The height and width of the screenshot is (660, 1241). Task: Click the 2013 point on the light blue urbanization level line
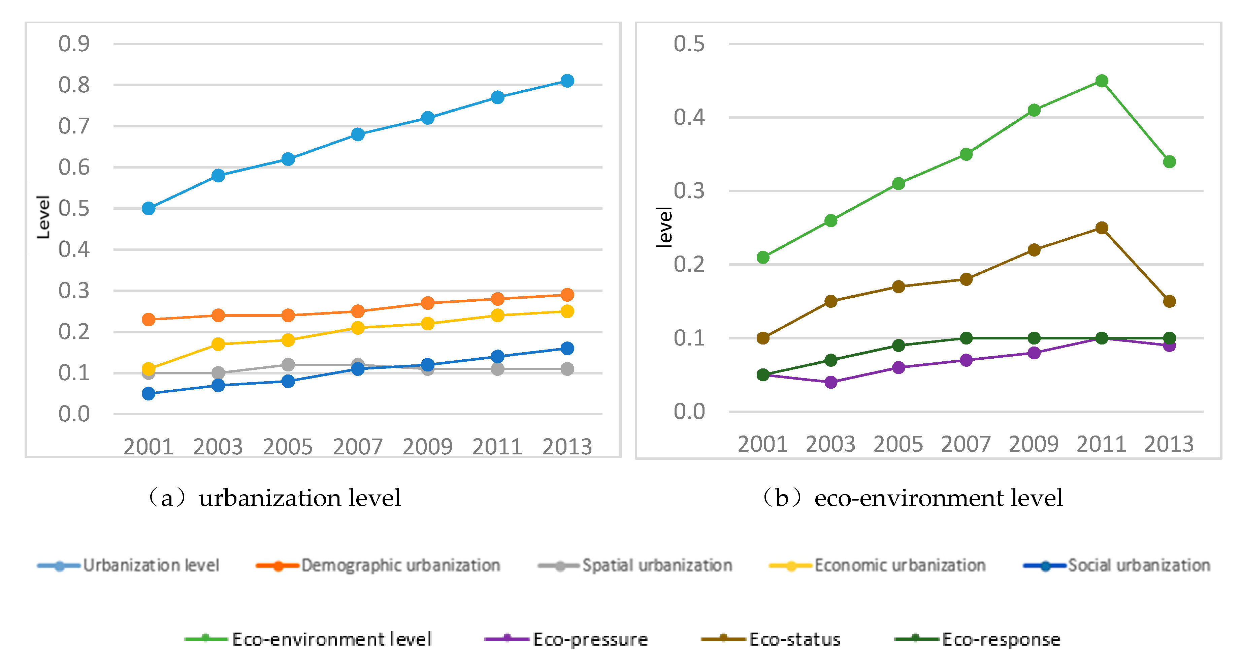coord(567,81)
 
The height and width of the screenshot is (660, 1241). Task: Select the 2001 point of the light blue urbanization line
coord(149,208)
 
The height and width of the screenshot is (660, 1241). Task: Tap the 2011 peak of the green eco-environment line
coord(1101,81)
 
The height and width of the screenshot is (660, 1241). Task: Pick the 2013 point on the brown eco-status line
coord(1169,301)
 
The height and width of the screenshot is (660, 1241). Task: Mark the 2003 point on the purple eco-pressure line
coord(830,382)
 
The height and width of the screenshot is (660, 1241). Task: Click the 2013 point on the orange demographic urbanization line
coord(567,295)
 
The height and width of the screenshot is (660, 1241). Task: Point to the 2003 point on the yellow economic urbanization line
coord(218,344)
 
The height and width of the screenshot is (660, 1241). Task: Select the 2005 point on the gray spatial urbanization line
coord(288,364)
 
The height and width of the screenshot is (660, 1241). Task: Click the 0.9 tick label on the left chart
coord(74,44)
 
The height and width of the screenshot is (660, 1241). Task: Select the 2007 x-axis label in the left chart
coord(357,446)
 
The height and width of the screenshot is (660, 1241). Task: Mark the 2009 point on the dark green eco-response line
coord(1034,338)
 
